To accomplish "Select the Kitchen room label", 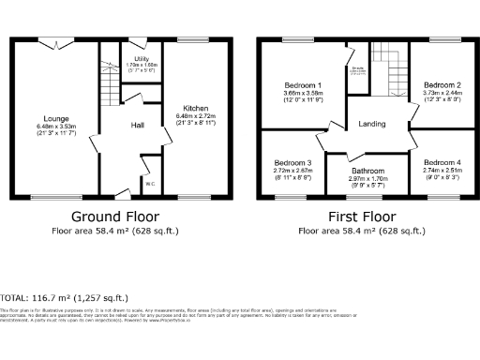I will tap(195, 109).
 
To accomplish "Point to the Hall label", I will tap(137, 125).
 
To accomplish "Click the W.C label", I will tap(149, 184).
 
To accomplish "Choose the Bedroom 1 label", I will tap(303, 85).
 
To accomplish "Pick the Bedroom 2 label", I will tap(440, 84).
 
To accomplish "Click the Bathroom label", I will tap(367, 172).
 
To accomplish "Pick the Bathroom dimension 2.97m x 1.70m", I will tap(367, 180).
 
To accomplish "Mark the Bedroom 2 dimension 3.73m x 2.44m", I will tap(440, 93).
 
